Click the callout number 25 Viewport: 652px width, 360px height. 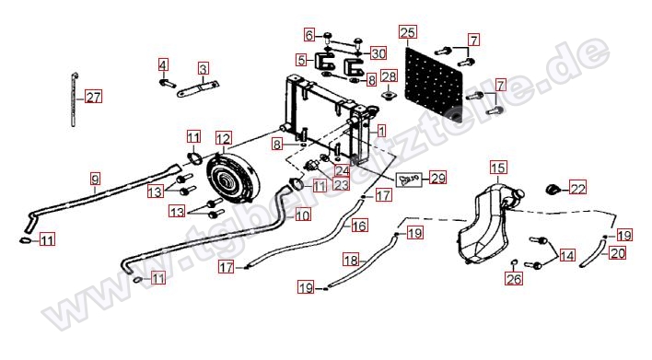408,32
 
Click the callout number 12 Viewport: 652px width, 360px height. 223,138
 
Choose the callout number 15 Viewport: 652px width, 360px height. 498,168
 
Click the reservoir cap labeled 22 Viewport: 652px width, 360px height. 553,190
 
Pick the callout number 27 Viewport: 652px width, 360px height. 93,97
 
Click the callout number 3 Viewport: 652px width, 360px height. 204,68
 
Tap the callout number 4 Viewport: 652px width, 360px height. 163,64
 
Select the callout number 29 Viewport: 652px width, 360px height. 437,178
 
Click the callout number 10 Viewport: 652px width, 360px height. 303,215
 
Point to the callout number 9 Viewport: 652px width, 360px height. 95,180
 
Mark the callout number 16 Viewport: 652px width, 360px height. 360,226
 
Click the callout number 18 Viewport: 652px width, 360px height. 351,261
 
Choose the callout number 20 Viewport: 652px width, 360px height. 618,253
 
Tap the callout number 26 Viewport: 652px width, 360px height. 514,279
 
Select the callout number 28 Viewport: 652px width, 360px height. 390,76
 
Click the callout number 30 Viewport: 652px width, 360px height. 378,53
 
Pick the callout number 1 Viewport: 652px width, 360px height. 381,131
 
